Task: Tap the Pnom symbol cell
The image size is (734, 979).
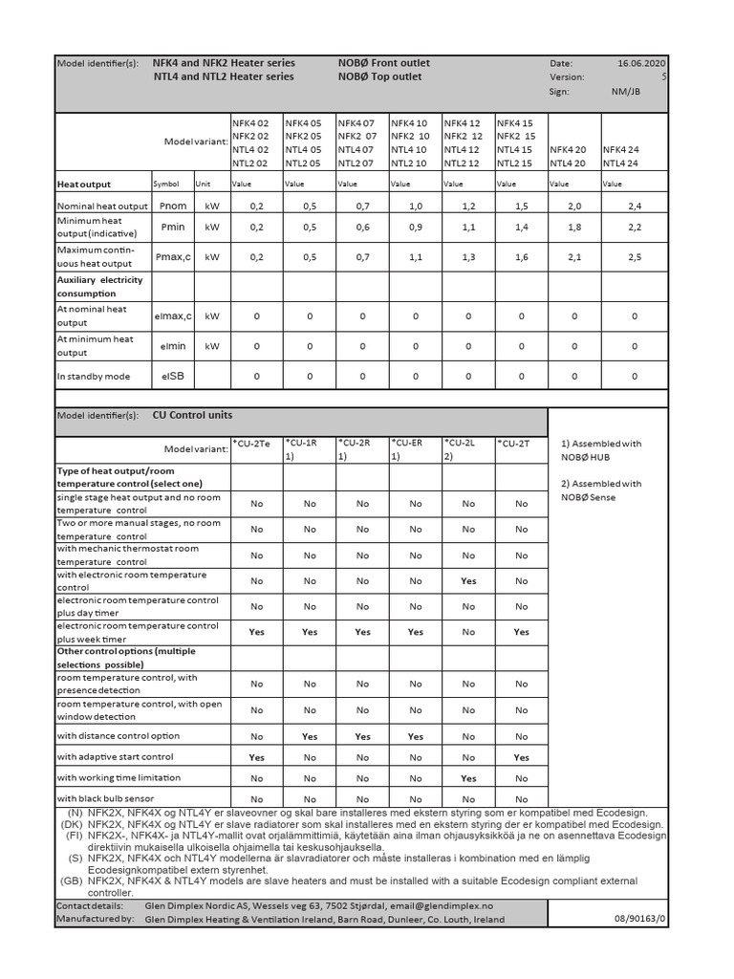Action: pyautogui.click(x=173, y=207)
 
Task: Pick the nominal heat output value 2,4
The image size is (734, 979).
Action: pyautogui.click(x=635, y=207)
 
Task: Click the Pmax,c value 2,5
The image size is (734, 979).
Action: pyautogui.click(x=635, y=256)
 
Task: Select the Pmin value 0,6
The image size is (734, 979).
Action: pyautogui.click(x=362, y=228)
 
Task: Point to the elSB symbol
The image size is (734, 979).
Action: pyautogui.click(x=173, y=377)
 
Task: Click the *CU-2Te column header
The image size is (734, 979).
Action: pyautogui.click(x=254, y=444)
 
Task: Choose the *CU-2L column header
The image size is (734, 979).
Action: pyautogui.click(x=460, y=444)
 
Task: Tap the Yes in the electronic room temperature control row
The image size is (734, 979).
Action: pyautogui.click(x=468, y=580)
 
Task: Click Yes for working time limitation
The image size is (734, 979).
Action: pyautogui.click(x=468, y=778)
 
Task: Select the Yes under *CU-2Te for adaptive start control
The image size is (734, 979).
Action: pyautogui.click(x=256, y=757)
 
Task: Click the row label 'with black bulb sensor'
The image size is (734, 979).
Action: pyautogui.click(x=105, y=798)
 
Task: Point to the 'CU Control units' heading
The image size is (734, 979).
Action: pyautogui.click(x=192, y=416)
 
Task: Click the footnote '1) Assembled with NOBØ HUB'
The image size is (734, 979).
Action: pyautogui.click(x=602, y=449)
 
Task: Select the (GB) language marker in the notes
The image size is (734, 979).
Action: pyautogui.click(x=72, y=880)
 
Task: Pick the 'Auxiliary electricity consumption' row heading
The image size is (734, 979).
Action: pyautogui.click(x=101, y=286)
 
